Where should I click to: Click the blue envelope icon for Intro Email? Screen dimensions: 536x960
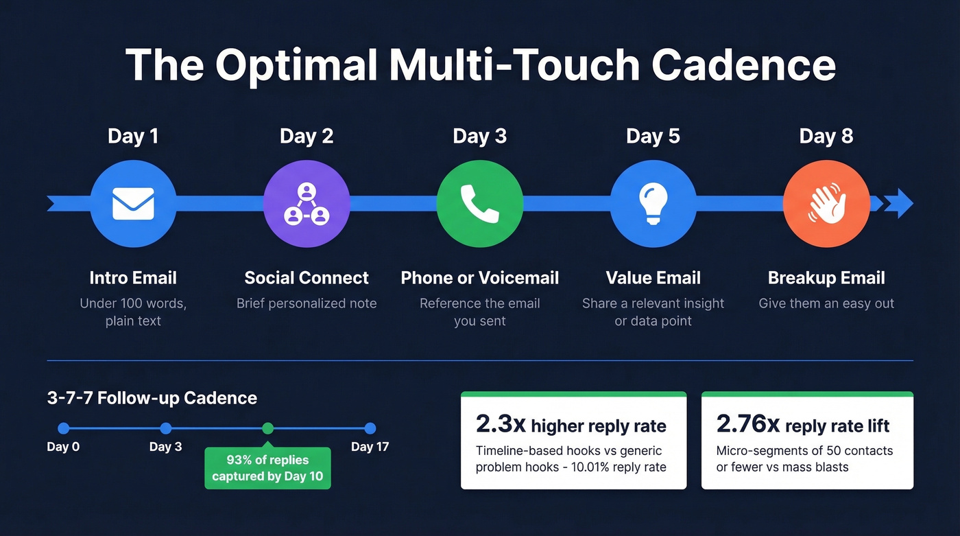coord(133,204)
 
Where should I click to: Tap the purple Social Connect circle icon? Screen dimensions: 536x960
coord(307,204)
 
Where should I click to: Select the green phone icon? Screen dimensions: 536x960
coord(479,204)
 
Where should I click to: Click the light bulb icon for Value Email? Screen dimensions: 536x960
coord(653,204)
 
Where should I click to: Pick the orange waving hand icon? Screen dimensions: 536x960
coord(826,204)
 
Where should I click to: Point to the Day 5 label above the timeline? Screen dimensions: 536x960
coord(653,136)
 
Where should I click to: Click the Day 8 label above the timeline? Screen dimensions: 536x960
coord(826,136)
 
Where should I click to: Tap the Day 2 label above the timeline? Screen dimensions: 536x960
coord(307,136)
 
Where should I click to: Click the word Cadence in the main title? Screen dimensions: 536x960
coord(743,65)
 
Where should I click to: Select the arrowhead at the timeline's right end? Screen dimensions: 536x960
coord(899,204)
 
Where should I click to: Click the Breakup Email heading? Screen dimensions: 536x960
coord(826,278)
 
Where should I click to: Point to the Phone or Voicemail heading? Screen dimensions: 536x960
coord(479,278)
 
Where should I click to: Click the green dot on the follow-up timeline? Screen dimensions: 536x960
coord(267,428)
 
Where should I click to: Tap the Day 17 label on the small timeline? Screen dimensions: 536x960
coord(370,447)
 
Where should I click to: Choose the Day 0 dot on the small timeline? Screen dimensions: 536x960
coord(63,428)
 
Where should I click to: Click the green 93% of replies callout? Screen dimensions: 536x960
coord(267,468)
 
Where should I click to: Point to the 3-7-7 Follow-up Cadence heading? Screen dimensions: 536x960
coord(152,398)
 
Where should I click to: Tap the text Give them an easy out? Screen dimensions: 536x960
coord(826,303)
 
